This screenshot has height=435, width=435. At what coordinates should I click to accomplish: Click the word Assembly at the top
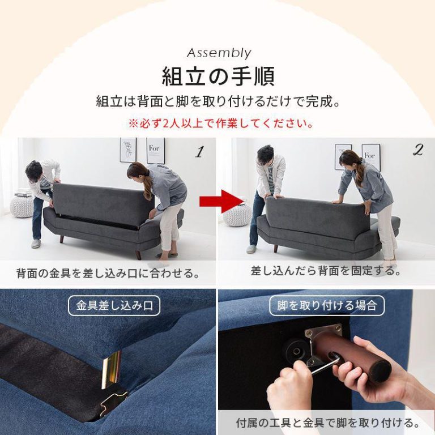(219, 53)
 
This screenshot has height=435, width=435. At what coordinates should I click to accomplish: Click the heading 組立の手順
(218, 76)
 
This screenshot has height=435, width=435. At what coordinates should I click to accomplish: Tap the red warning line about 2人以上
(221, 123)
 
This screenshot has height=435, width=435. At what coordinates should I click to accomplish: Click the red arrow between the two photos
(221, 202)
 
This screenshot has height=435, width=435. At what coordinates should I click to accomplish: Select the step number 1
(199, 151)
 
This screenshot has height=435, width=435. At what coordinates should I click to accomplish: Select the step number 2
(417, 150)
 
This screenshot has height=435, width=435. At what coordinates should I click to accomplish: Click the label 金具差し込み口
(114, 306)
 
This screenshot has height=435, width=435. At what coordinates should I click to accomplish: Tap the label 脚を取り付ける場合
(327, 305)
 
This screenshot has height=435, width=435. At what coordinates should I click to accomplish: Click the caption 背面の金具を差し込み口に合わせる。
(109, 273)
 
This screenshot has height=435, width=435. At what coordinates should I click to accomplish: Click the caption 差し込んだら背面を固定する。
(326, 271)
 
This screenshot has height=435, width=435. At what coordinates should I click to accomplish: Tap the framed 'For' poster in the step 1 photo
(155, 151)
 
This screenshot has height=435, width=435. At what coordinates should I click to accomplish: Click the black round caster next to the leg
(294, 352)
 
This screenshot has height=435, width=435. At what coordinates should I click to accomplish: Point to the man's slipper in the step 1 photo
(36, 244)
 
